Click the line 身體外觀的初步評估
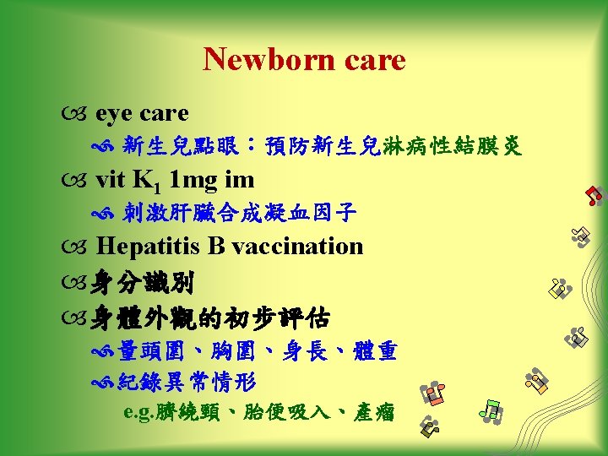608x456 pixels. pyautogui.click(x=211, y=318)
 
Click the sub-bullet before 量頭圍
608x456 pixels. pyautogui.click(x=106, y=350)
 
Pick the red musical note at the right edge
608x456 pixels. pyautogui.click(x=594, y=195)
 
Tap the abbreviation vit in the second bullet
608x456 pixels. pyautogui.click(x=110, y=180)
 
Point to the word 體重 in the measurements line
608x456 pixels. pyautogui.click(x=377, y=350)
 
